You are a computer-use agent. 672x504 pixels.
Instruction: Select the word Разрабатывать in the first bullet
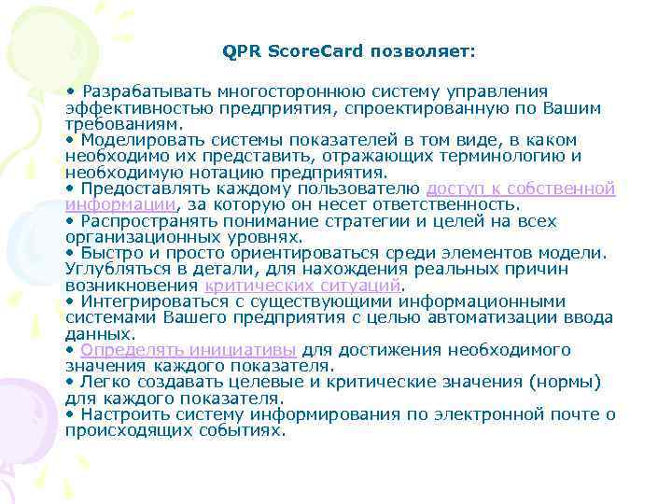click(x=147, y=91)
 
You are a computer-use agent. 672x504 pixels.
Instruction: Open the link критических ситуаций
click(x=302, y=286)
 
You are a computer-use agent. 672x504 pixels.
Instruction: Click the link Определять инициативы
click(x=189, y=350)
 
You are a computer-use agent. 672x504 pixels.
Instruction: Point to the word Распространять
click(x=147, y=221)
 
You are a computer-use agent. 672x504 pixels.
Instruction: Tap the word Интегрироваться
click(x=150, y=301)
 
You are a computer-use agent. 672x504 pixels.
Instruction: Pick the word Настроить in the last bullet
click(x=119, y=414)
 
